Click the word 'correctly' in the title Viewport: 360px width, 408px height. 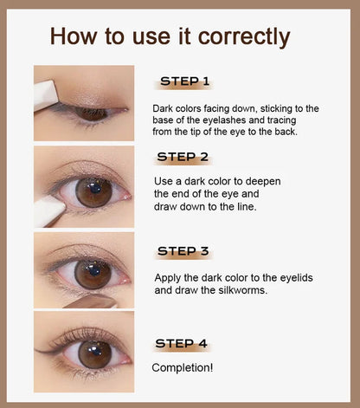point(244,37)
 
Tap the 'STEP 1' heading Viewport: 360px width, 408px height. point(184,81)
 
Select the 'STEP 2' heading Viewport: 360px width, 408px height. point(183,157)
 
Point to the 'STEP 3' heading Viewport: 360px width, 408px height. point(183,251)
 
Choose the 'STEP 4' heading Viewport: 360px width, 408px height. point(181,343)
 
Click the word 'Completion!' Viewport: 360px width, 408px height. point(183,367)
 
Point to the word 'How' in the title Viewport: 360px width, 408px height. point(74,36)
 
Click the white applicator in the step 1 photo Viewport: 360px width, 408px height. point(46,95)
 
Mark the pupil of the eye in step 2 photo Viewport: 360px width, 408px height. point(94,190)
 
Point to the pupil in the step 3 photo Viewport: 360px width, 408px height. point(93,271)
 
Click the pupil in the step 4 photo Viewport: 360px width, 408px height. point(95,352)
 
